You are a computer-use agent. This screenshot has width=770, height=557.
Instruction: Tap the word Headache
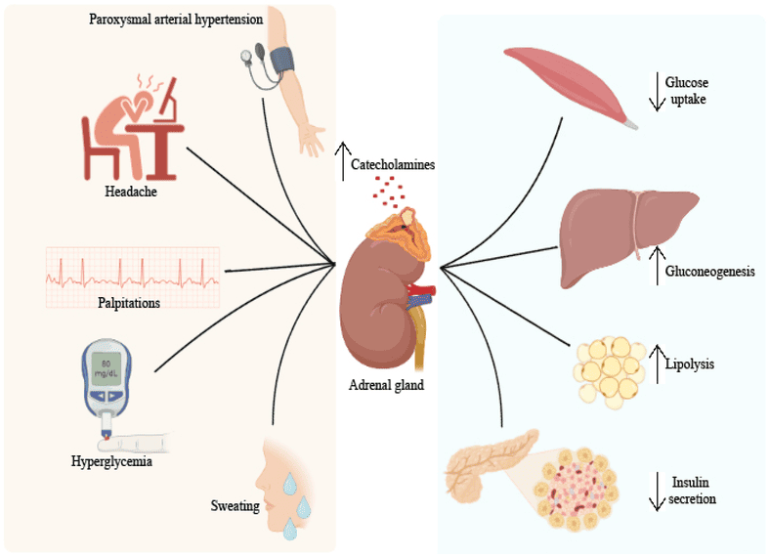point(131,192)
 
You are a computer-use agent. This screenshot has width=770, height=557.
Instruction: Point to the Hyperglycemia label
point(111,461)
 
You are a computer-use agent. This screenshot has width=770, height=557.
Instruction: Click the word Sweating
point(235,506)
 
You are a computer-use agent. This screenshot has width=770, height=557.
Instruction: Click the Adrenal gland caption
point(386,385)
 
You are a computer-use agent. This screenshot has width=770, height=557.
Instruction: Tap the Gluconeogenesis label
point(709,271)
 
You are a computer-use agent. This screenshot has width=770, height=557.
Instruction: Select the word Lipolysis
point(690,364)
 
